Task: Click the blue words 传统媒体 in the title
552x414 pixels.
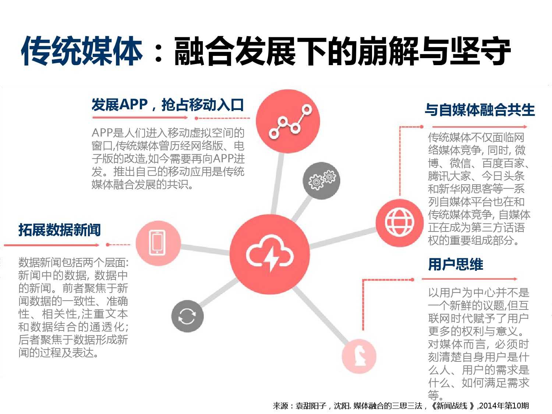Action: pos(82,51)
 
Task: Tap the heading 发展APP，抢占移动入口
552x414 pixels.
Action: pos(168,105)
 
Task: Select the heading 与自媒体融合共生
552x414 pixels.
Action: pos(480,110)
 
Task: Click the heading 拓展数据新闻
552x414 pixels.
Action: pos(60,230)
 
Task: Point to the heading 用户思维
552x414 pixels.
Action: pos(456,265)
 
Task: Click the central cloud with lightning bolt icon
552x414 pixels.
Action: pos(270,254)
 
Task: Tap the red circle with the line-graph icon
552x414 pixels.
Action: pos(288,121)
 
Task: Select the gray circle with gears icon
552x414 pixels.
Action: pos(321,181)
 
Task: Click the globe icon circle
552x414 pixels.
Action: pos(400,223)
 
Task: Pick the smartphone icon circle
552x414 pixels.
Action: pos(158,243)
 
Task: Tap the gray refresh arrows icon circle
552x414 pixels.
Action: pos(187,316)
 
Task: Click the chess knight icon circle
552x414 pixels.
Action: pos(359,356)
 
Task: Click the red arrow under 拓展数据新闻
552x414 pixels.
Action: pos(52,245)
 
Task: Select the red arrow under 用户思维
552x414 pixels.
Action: pos(470,279)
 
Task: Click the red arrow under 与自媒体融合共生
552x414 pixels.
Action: pos(480,127)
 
